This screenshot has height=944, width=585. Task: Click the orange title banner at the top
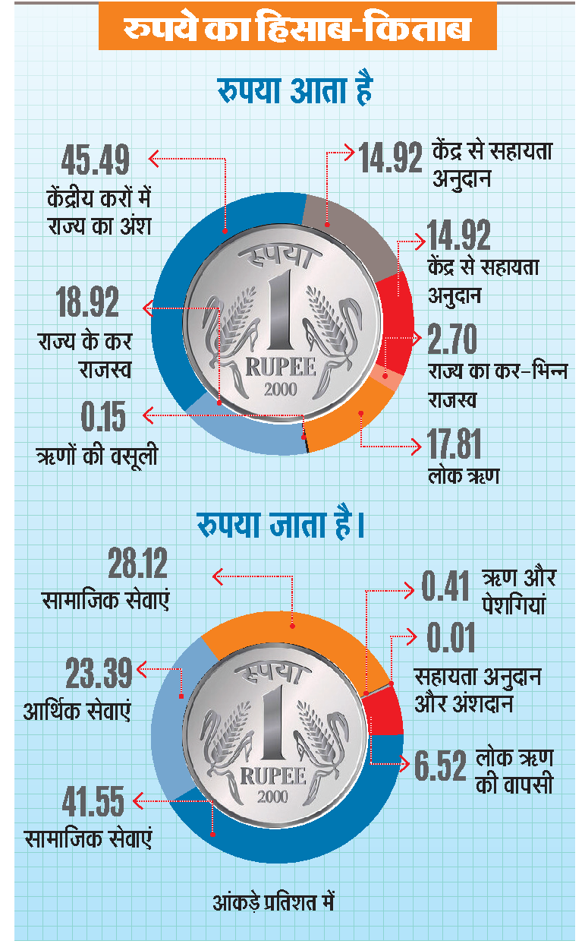click(x=297, y=26)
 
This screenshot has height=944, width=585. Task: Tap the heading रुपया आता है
click(x=295, y=90)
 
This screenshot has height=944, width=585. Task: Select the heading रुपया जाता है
click(x=281, y=524)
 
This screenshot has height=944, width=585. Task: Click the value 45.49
click(x=95, y=159)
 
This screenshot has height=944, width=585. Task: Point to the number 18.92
click(x=87, y=302)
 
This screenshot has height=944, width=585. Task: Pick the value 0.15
click(x=103, y=416)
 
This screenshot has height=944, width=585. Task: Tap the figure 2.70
click(x=452, y=339)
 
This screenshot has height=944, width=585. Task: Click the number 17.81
click(x=454, y=444)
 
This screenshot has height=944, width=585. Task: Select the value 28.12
click(x=138, y=563)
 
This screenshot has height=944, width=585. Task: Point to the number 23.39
click(x=99, y=673)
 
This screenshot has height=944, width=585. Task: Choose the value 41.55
click(x=93, y=801)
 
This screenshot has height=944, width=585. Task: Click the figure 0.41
click(x=445, y=586)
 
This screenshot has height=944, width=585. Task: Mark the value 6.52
click(x=440, y=766)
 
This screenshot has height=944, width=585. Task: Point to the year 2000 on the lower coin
click(x=272, y=797)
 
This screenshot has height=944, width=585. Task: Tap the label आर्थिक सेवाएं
click(x=77, y=711)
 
